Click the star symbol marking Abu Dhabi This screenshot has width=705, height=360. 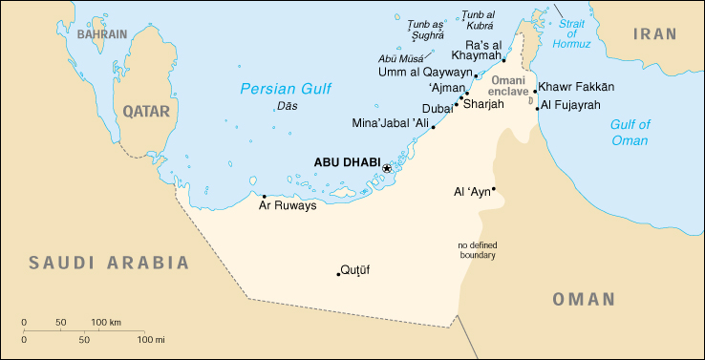click(x=386, y=168)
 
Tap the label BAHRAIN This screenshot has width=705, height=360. click(x=102, y=34)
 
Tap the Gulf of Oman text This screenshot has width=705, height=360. click(x=630, y=133)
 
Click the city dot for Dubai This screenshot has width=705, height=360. click(x=457, y=103)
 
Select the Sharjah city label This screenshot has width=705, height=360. click(x=482, y=103)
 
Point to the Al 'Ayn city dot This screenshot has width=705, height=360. click(x=494, y=189)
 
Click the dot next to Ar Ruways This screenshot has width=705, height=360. click(x=265, y=197)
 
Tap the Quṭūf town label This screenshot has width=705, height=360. click(x=355, y=270)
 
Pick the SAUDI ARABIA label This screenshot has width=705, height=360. click(x=108, y=262)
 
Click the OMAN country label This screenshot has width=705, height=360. click(x=583, y=300)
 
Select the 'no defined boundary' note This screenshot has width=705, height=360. click(x=477, y=250)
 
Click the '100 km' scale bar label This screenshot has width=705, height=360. click(x=106, y=322)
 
